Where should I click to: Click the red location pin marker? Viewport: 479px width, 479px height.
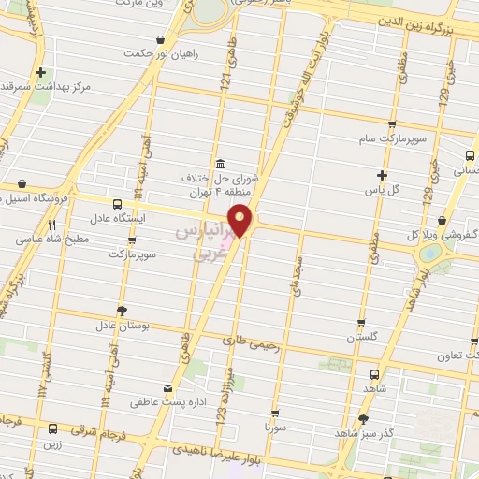[243, 219]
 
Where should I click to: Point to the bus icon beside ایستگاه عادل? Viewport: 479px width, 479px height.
[117, 204]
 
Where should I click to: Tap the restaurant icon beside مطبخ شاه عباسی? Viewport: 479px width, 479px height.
[52, 225]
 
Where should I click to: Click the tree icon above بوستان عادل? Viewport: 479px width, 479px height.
[122, 311]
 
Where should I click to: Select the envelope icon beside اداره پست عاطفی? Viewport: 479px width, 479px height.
[167, 387]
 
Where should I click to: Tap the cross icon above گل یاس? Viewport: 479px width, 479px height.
[381, 175]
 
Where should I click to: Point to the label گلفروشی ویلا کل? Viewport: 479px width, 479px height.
[444, 234]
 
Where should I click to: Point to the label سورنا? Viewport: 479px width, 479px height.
[274, 426]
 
